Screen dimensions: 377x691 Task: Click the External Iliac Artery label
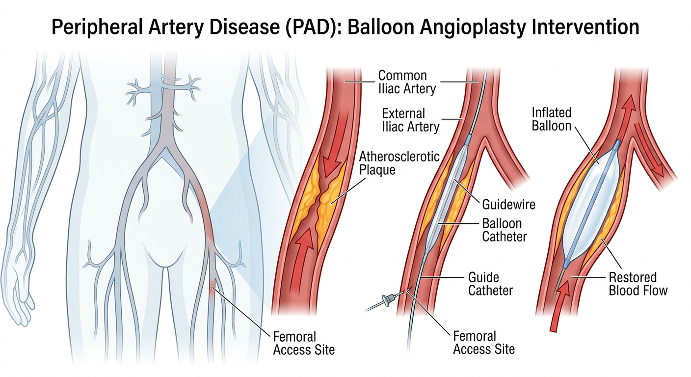click(x=410, y=120)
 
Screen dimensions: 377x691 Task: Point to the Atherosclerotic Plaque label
click(x=399, y=163)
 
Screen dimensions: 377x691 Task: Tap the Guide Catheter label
click(x=490, y=284)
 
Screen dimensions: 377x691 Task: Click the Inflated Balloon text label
click(x=552, y=119)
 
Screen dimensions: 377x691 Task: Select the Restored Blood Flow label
click(x=638, y=284)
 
